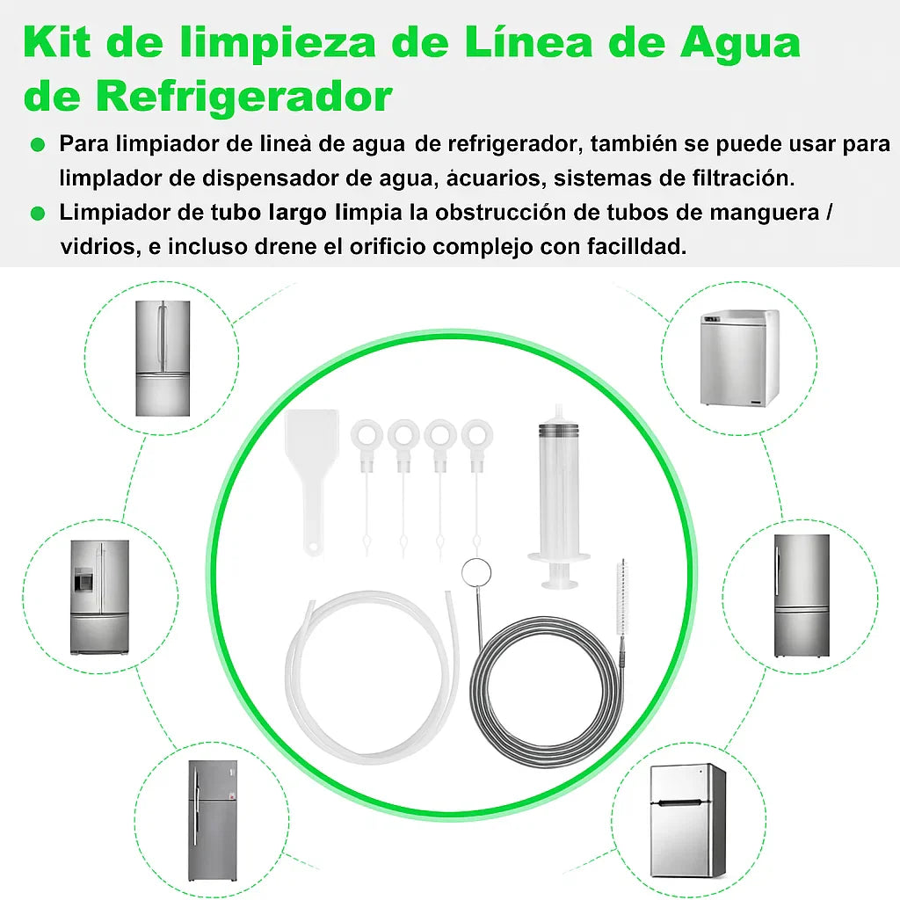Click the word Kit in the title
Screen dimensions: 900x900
57,42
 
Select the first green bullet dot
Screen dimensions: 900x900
38,145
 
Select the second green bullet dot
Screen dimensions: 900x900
38,214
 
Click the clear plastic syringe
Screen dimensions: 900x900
558,497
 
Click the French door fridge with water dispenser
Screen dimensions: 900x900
100,597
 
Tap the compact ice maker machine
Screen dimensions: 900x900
739,359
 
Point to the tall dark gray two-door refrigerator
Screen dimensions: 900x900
212,822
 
